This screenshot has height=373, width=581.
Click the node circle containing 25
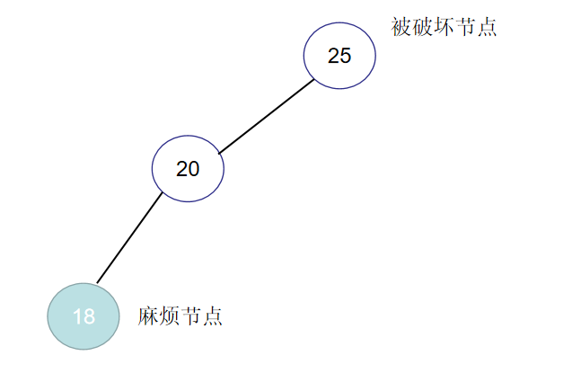tap(339, 56)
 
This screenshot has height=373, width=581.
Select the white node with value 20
tap(187, 169)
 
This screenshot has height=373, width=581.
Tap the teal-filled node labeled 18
tap(84, 316)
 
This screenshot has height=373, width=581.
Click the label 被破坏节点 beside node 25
tap(444, 26)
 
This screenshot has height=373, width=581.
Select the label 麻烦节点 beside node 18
tap(180, 316)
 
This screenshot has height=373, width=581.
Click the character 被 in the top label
tap(401, 26)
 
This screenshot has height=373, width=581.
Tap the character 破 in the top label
tap(422, 26)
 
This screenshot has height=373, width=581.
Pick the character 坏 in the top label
tap(444, 26)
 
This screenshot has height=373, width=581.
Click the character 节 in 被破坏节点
tap(465, 26)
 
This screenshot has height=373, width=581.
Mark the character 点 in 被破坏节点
tap(487, 26)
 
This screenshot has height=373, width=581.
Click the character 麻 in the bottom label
tap(148, 316)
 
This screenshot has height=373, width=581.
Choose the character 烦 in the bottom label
tap(170, 316)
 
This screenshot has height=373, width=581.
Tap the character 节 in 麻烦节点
tap(191, 316)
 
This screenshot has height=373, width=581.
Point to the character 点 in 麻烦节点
tap(213, 316)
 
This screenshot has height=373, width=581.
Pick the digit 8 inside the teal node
tap(89, 316)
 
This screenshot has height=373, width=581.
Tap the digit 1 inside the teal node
tap(77, 316)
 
